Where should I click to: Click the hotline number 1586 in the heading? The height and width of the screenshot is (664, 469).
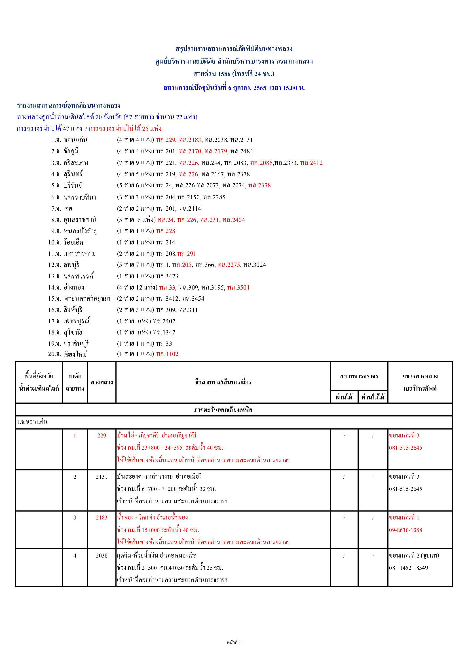coord(224,74)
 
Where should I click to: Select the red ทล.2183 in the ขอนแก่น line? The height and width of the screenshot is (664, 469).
coord(190,140)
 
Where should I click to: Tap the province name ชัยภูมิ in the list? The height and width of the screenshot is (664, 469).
coord(71,151)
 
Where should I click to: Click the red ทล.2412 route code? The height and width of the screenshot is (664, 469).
coord(311,163)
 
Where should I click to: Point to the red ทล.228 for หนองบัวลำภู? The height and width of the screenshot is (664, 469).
coord(166,231)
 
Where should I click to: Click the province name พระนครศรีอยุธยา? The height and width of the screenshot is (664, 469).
coord(87,299)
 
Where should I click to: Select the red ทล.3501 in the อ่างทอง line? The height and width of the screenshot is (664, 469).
coord(238,288)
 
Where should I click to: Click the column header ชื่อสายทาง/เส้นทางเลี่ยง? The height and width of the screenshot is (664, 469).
coord(223,382)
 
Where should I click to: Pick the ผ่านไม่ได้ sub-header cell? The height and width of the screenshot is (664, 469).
coord(373,397)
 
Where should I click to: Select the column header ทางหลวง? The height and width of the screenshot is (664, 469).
coord(102,382)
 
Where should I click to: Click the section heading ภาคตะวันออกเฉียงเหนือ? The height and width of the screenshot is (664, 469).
coord(223,410)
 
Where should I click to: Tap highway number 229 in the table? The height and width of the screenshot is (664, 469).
coord(102,436)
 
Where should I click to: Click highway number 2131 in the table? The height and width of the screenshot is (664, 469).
coord(102,477)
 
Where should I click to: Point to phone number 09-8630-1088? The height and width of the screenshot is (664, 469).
coord(405,530)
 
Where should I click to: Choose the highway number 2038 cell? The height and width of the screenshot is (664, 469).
coord(102,556)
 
